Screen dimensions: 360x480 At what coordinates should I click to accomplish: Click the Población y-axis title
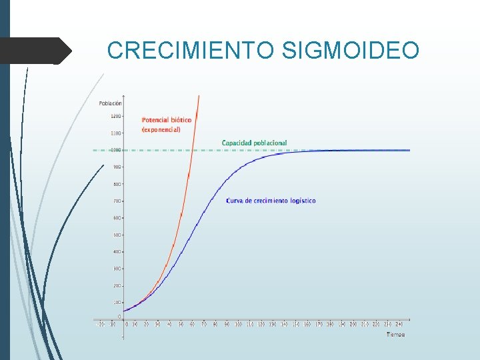[x=110, y=103]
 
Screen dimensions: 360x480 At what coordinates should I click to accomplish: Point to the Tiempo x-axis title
[x=395, y=334]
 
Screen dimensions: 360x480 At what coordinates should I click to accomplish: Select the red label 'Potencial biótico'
[x=167, y=120]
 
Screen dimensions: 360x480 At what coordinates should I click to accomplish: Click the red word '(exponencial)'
[x=161, y=129]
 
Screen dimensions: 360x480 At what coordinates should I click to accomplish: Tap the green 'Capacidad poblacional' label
[x=254, y=143]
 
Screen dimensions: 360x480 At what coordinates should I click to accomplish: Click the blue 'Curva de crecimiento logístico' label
[x=271, y=201]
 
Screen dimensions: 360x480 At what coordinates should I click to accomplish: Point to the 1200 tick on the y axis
[x=116, y=116]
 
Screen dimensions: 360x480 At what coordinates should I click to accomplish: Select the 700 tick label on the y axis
[x=117, y=201]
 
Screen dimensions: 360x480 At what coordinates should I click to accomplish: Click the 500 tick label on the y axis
[x=117, y=235]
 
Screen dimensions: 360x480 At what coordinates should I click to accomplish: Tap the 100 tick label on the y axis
[x=117, y=302]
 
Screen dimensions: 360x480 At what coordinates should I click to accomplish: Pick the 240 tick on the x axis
[x=399, y=324]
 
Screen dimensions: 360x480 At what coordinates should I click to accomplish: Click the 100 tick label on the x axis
[x=238, y=324]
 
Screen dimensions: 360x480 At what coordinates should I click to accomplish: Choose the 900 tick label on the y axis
[x=117, y=167]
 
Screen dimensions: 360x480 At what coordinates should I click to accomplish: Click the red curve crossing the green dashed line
[x=191, y=150]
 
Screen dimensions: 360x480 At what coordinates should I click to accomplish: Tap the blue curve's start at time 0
[x=124, y=311]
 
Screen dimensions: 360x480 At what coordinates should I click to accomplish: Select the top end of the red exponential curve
[x=199, y=97]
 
